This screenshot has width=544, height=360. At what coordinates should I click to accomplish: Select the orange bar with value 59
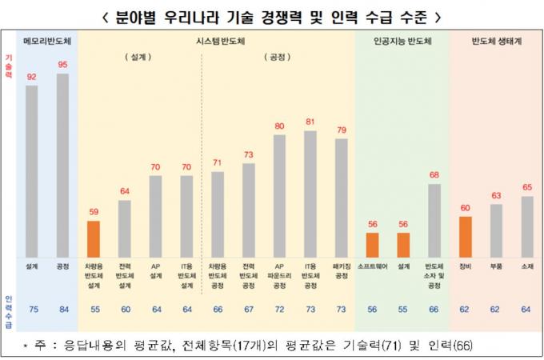coord(94,236)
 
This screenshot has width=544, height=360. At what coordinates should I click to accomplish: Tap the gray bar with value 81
coord(310,191)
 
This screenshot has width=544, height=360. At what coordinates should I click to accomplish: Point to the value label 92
coord(32,77)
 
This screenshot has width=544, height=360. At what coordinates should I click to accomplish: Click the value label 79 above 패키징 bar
coord(342,130)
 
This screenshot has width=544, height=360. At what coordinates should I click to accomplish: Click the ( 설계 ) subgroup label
coord(139,57)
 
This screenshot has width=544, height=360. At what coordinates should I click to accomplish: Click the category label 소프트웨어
coord(372,265)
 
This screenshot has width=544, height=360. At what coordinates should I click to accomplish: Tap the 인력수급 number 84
coord(62,309)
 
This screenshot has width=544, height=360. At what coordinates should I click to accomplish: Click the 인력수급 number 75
coord(32,309)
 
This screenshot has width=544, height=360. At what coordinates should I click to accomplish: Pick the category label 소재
coord(526,265)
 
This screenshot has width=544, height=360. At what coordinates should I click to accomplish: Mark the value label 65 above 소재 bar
coord(526,187)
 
